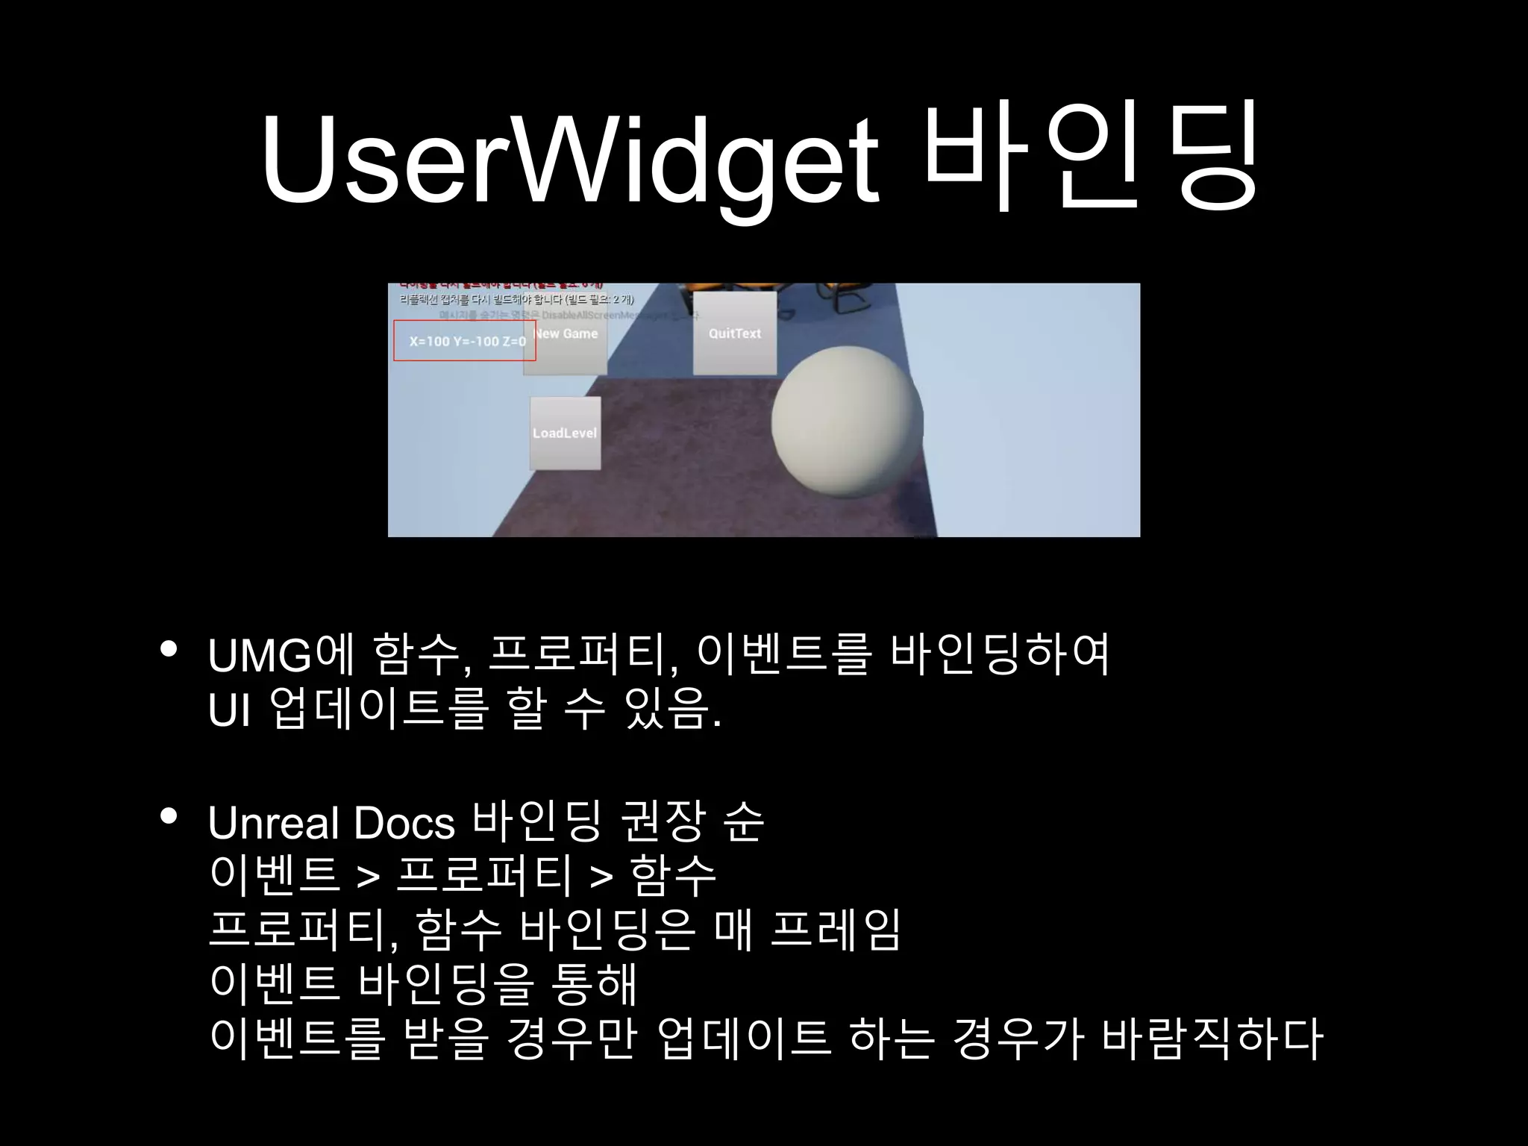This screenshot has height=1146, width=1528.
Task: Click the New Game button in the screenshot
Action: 566,334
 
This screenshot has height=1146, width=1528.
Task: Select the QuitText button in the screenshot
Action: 735,334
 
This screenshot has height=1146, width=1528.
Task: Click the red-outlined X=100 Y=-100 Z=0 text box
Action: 465,341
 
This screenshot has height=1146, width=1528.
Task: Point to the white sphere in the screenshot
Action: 847,423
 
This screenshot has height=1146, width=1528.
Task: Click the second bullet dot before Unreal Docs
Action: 169,817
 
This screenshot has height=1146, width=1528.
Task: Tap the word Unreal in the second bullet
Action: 274,822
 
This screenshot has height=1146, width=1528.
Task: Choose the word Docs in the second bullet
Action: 404,822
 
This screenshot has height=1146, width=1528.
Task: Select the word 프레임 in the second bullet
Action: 836,930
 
